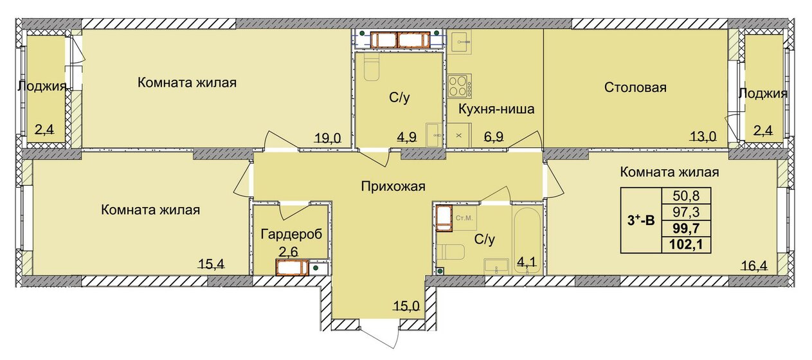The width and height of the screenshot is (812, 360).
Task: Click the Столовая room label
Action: (x=635, y=87)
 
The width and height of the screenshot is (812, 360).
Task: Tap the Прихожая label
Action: (x=393, y=186)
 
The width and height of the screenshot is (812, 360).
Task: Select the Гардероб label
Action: (x=291, y=234)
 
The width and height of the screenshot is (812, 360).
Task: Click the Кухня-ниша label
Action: (x=496, y=109)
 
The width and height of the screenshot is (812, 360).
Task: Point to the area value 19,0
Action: (x=328, y=138)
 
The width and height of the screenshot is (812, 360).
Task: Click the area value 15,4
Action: (x=212, y=263)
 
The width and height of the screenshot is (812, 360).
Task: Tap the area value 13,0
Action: (x=703, y=136)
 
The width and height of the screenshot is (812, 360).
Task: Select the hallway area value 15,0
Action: (x=406, y=306)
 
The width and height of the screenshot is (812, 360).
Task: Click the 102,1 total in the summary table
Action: (x=686, y=244)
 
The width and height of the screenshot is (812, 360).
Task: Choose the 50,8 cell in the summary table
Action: (x=686, y=196)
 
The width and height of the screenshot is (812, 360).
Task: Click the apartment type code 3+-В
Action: (x=641, y=220)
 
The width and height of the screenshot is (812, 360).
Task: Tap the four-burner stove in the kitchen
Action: (x=460, y=85)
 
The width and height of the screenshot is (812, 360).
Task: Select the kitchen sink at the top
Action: (x=460, y=42)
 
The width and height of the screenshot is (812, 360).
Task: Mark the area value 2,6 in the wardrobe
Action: (x=289, y=251)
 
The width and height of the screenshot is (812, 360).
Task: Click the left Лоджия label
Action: (x=42, y=87)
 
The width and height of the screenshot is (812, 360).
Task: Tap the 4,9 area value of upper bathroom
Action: (x=406, y=137)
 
